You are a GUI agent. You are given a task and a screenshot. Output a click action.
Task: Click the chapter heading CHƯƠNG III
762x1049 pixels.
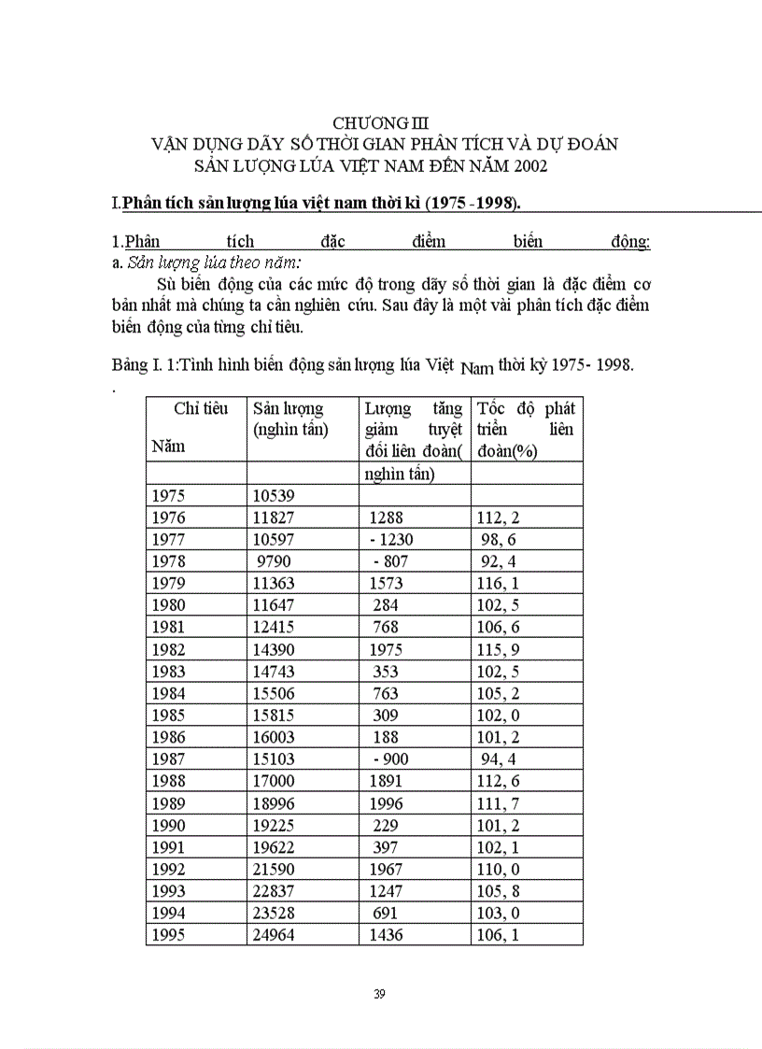(x=381, y=122)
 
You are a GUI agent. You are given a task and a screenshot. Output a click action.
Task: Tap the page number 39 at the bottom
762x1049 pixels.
(x=379, y=993)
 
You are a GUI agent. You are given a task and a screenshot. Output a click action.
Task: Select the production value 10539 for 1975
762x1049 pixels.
(x=274, y=495)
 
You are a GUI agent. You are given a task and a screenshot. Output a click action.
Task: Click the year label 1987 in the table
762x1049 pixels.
(x=168, y=759)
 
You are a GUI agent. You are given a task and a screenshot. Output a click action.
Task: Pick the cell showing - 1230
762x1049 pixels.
(x=390, y=539)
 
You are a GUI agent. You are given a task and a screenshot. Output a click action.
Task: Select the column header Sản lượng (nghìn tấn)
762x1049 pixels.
(x=289, y=418)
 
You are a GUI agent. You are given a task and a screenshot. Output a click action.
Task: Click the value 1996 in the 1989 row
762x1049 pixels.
(x=387, y=803)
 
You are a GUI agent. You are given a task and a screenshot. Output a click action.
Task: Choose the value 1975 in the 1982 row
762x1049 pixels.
(x=387, y=649)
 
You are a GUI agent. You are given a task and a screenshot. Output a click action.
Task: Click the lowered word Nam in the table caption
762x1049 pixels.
(x=477, y=369)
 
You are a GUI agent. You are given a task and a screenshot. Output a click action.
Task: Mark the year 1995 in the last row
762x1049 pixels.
(x=168, y=935)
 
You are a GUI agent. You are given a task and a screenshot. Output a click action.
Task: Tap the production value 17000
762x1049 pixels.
(x=274, y=781)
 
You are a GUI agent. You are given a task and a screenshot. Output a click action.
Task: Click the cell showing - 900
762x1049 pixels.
(x=390, y=759)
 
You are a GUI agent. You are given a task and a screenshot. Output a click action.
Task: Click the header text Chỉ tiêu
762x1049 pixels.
(x=201, y=408)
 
